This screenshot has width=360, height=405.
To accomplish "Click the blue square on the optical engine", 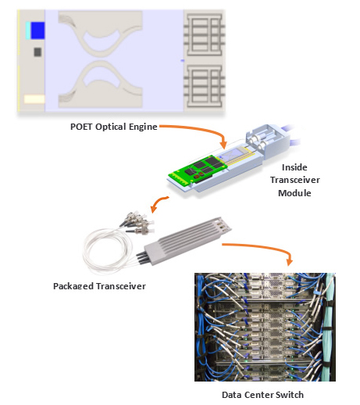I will (37, 30).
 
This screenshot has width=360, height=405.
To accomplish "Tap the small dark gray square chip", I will (37, 52).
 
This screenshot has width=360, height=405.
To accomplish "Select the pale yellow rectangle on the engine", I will (34, 99).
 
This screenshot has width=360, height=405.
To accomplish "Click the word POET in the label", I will (84, 127).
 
